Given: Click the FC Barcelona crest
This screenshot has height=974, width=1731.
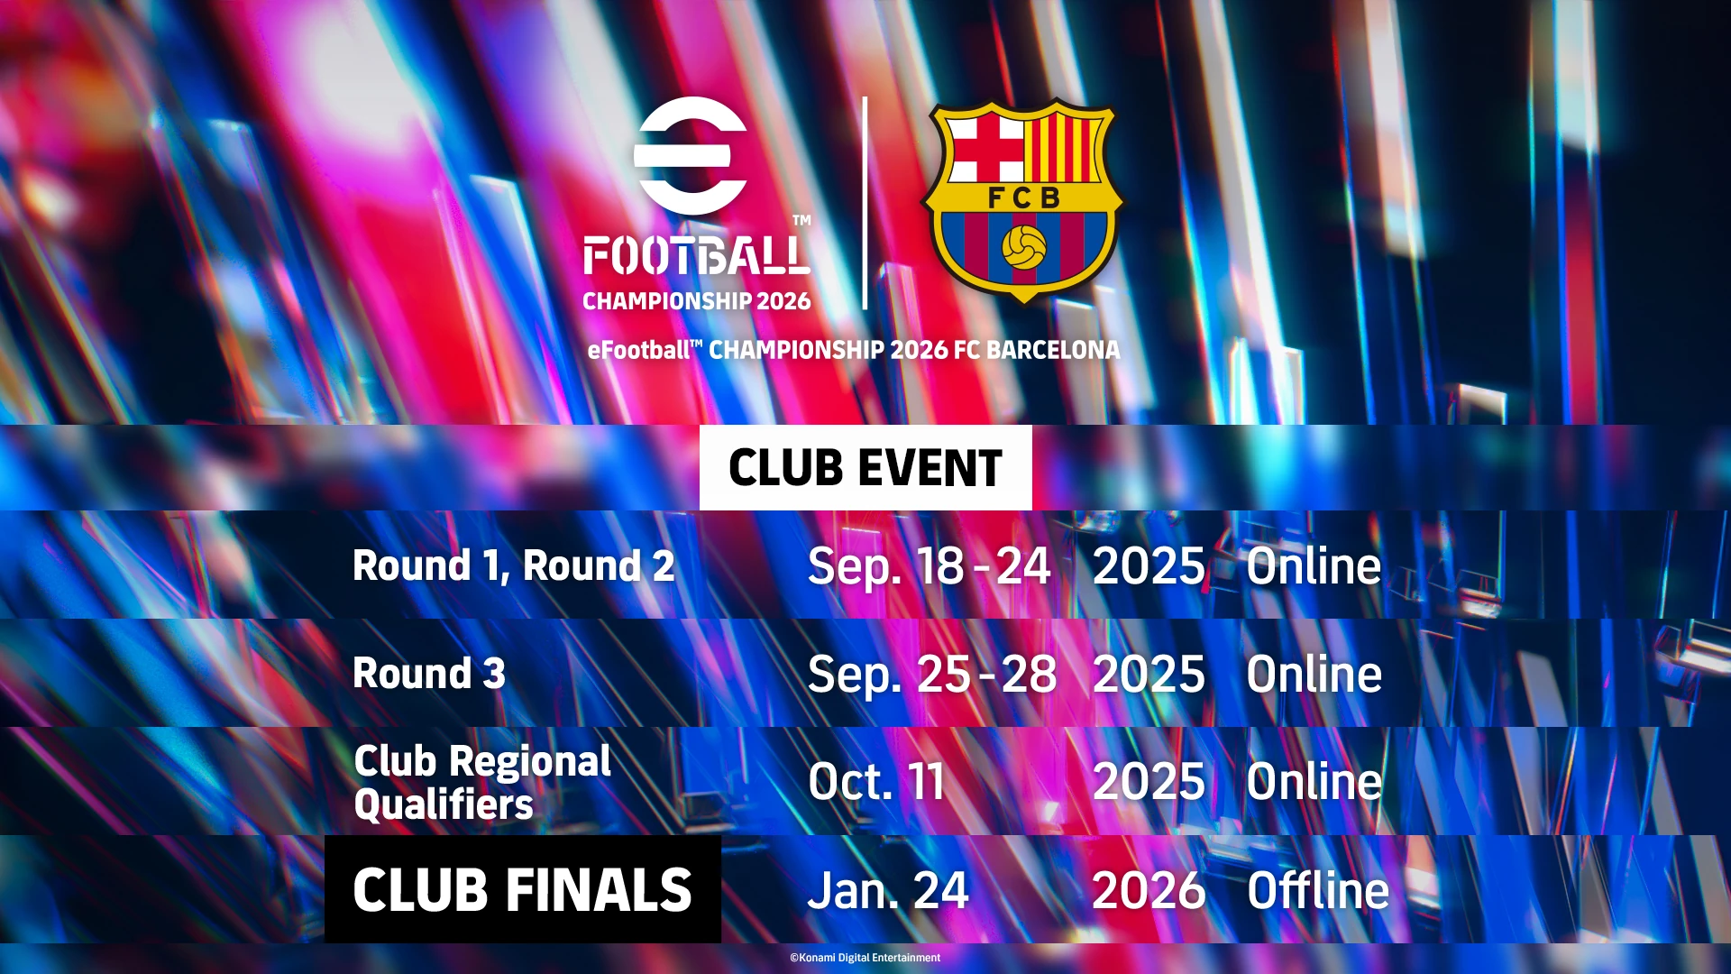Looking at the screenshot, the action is [1022, 200].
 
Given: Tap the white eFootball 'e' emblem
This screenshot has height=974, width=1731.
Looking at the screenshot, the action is [691, 155].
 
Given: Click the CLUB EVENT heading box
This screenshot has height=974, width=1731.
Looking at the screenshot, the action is [865, 467].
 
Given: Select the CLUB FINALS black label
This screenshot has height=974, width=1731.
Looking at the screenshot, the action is [523, 889].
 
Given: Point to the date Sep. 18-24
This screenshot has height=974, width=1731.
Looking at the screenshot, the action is [930, 567].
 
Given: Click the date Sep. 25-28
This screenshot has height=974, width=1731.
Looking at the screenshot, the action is [932, 675].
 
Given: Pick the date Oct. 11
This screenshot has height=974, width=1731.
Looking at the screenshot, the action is [876, 781].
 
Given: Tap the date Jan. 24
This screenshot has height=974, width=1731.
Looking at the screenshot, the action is [888, 891].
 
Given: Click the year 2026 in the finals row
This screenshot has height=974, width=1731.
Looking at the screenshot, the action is [1149, 891].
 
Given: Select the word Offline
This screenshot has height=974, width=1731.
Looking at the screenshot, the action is [1318, 890].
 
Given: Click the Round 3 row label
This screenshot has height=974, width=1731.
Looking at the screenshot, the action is [429, 673].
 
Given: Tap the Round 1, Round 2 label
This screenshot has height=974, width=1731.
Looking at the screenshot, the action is [514, 565].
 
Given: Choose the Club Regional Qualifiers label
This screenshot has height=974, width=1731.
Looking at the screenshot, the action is [482, 782].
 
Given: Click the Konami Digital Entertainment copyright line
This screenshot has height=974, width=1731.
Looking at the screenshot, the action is [865, 958].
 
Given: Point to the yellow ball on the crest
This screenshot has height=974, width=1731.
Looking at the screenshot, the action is [1023, 247].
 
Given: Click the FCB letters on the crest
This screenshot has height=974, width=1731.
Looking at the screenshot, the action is [1024, 198].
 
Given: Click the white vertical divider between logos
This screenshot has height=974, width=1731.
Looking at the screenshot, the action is [865, 203].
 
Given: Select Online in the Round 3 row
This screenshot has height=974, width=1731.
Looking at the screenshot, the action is [1314, 675].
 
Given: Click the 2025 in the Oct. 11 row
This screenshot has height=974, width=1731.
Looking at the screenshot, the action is [1149, 782].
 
